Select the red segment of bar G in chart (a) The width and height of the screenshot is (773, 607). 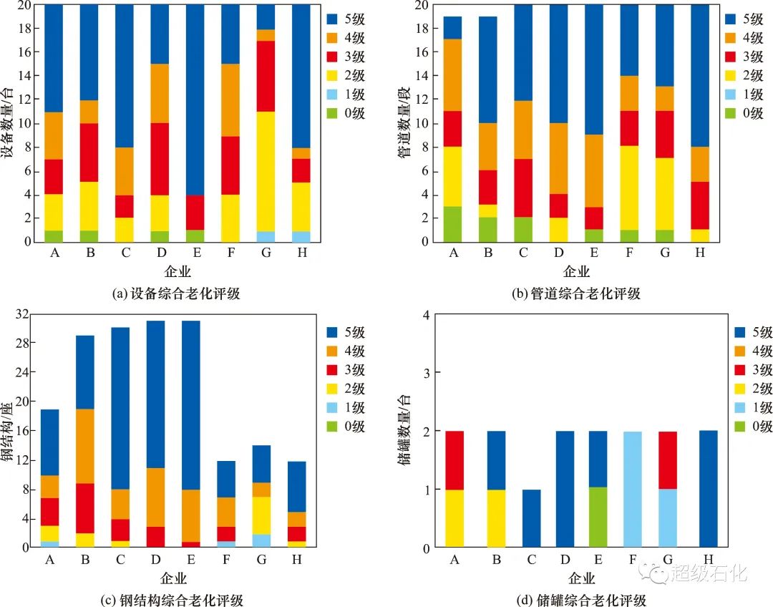[265, 76]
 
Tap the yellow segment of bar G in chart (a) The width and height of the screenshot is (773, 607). [265, 171]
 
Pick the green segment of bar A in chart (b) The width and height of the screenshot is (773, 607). [452, 224]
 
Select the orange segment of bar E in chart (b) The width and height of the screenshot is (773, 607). [593, 171]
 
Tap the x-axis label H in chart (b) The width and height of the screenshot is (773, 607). [699, 253]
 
